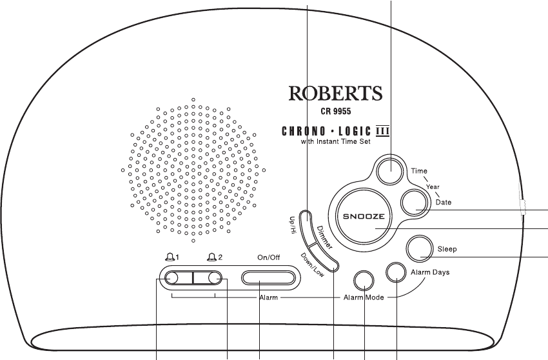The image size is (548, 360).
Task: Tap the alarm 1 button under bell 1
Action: click(x=172, y=278)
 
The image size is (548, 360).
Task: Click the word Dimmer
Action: click(x=326, y=238)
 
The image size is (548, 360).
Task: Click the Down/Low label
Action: click(x=310, y=265)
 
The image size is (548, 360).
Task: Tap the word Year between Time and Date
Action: click(x=433, y=186)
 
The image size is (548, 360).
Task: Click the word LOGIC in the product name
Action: click(x=362, y=133)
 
